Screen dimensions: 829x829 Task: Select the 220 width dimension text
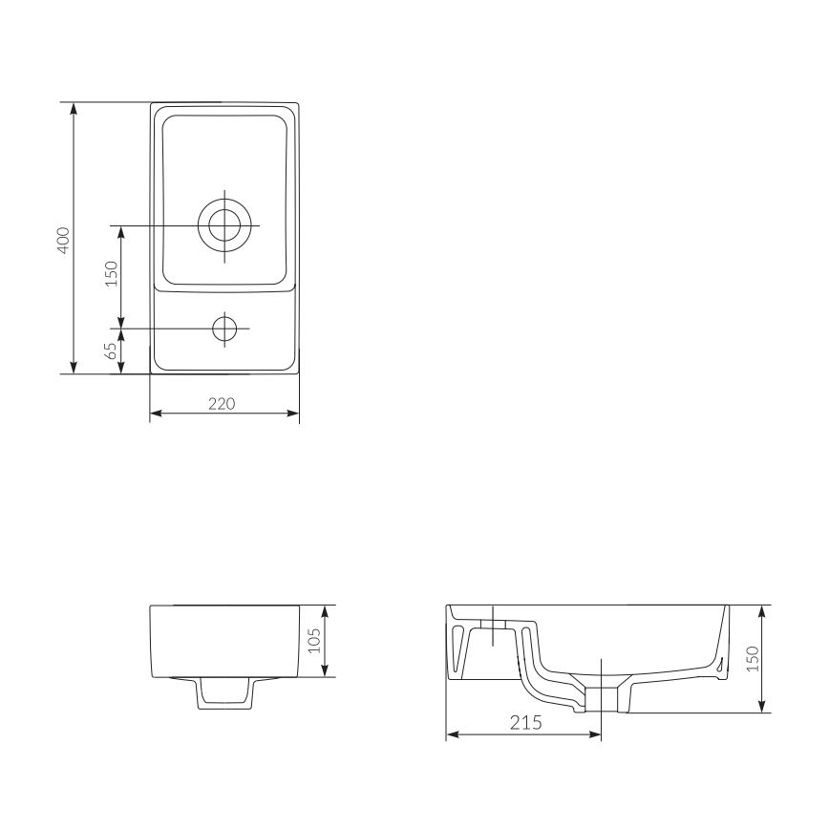tap(222, 403)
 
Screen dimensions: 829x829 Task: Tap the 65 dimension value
tap(111, 351)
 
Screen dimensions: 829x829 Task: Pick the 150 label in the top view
tap(111, 275)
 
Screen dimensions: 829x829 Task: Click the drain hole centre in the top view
tap(225, 225)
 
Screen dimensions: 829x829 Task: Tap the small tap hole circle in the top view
tap(225, 329)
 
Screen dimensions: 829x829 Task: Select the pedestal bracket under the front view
tap(224, 693)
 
